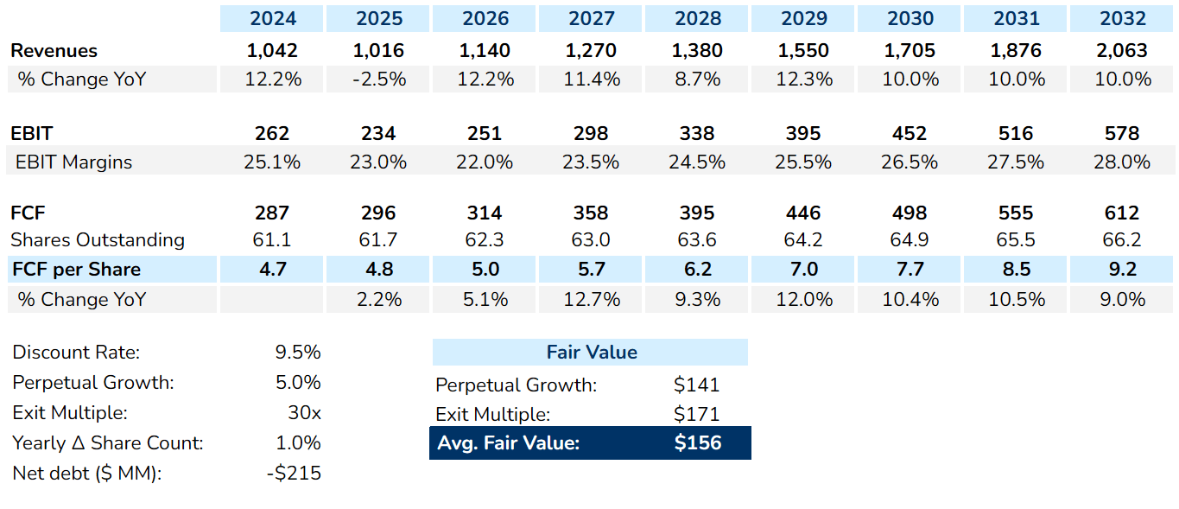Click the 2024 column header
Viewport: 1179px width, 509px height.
pos(272,18)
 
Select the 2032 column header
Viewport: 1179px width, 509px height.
pos(1122,18)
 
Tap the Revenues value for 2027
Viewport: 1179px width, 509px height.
pos(591,50)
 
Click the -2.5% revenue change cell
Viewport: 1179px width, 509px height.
pos(378,80)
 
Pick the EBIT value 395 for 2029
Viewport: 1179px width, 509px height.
pos(803,133)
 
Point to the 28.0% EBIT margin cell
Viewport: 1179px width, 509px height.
pos(1122,162)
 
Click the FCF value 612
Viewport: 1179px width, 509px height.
pos(1122,213)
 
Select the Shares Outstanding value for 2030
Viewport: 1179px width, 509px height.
pos(910,240)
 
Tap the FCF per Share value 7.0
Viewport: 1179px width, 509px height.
pos(803,270)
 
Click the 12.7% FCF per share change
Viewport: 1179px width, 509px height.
pos(591,299)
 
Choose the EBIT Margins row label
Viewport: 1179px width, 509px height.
pos(73,162)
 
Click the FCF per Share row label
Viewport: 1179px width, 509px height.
pos(76,270)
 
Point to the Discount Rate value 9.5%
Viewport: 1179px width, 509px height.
pos(297,353)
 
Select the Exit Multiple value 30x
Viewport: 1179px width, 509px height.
pos(304,413)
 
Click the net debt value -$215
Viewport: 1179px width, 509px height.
pos(295,474)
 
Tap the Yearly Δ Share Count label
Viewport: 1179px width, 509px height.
pos(108,443)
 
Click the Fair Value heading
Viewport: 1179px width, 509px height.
pos(591,353)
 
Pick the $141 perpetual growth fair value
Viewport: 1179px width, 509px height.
pos(696,385)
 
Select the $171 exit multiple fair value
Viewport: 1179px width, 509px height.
pos(696,414)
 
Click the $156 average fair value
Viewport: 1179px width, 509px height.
pos(697,443)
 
